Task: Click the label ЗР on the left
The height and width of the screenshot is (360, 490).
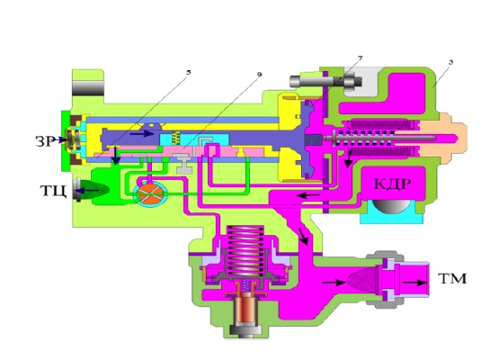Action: click(45, 141)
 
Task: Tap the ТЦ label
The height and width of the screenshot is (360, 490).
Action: click(53, 191)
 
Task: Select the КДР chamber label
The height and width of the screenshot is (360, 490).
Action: click(392, 184)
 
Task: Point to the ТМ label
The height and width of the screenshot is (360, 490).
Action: click(452, 278)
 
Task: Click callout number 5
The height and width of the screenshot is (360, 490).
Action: click(188, 73)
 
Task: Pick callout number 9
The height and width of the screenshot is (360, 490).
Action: click(259, 75)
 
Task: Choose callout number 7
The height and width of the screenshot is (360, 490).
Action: click(361, 58)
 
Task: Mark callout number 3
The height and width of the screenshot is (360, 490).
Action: click(450, 63)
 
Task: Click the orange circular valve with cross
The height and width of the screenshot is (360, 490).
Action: click(151, 194)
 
